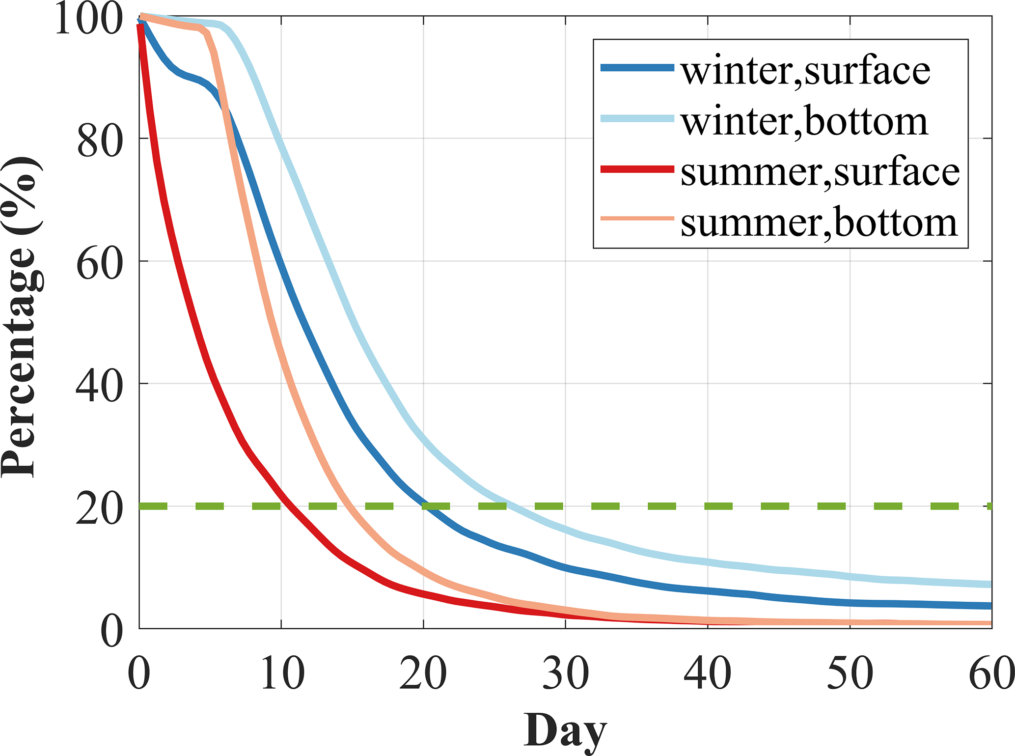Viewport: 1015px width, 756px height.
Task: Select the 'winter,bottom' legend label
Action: [x=804, y=122]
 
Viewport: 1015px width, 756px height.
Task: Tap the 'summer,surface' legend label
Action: [x=820, y=172]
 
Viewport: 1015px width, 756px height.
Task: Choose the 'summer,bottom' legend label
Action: [x=819, y=223]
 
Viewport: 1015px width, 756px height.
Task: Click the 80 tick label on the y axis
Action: [x=100, y=143]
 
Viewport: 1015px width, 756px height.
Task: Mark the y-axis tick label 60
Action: [x=100, y=265]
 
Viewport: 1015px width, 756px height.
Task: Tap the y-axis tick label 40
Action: [x=100, y=388]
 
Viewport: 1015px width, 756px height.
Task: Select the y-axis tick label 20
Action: [x=100, y=510]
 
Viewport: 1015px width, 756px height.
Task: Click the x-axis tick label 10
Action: [x=282, y=674]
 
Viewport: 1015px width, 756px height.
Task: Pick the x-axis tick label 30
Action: [x=566, y=674]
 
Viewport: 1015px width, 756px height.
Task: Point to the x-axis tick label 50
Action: [x=850, y=674]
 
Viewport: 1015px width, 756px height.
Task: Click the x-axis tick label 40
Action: [x=708, y=674]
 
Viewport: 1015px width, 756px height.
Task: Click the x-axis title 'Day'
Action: [x=565, y=731]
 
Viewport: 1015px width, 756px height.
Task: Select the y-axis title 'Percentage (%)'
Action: [x=22, y=317]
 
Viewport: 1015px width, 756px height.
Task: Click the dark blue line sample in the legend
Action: [x=637, y=68]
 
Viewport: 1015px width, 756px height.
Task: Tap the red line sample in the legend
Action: [x=637, y=169]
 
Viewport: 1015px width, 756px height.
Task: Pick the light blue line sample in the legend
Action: [x=637, y=118]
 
